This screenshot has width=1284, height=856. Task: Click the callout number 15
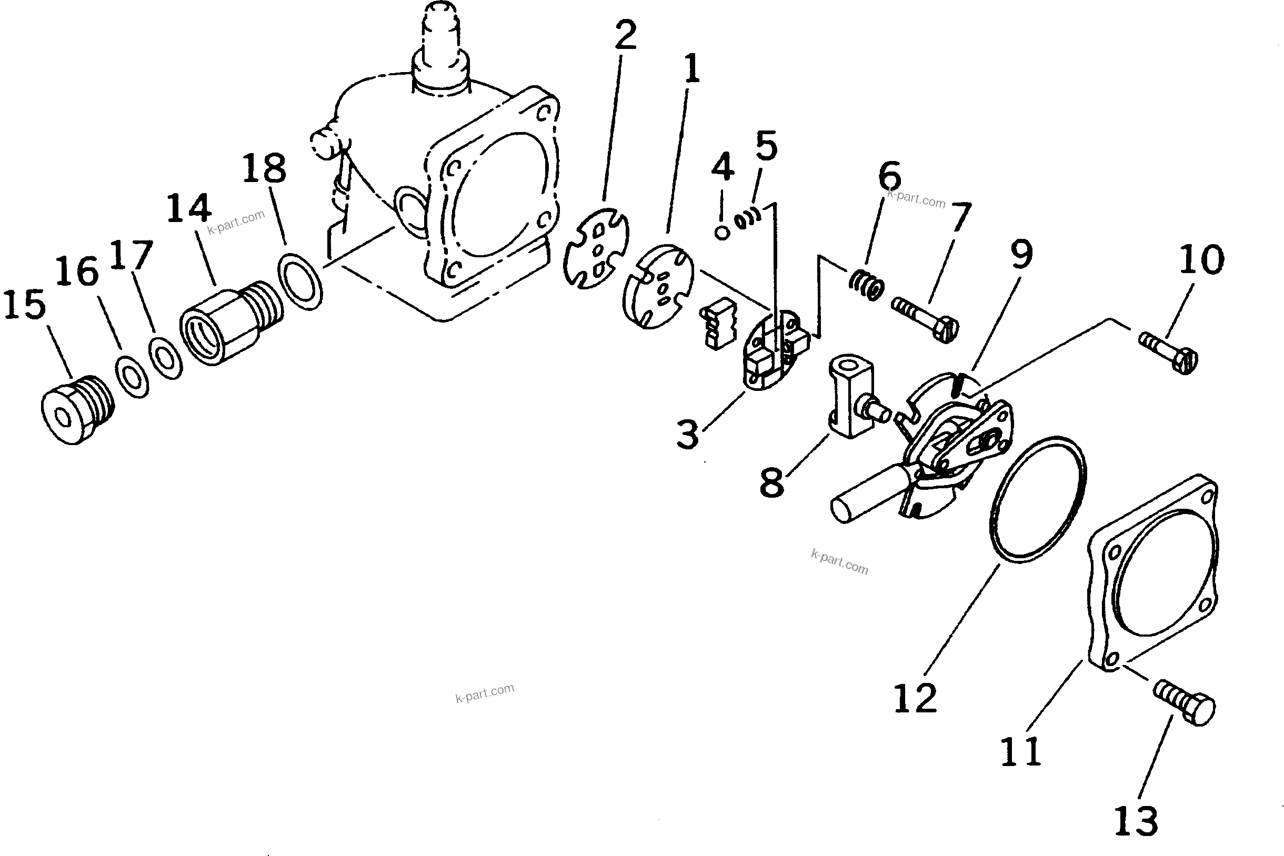click(x=25, y=305)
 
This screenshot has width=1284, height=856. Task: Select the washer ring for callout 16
click(x=132, y=377)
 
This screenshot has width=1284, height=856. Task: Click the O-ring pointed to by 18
click(x=300, y=280)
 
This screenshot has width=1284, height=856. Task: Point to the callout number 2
click(x=626, y=34)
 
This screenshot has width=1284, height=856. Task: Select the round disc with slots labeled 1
click(x=658, y=286)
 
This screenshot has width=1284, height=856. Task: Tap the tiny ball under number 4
click(x=722, y=233)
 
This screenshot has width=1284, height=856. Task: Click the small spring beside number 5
click(x=747, y=218)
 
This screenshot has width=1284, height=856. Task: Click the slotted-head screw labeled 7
click(x=925, y=319)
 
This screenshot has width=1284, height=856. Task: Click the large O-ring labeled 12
click(x=1037, y=499)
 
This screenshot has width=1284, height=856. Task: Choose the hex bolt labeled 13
click(x=1185, y=707)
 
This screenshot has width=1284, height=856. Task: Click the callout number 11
click(x=1020, y=752)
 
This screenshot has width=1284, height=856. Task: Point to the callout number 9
click(x=1021, y=254)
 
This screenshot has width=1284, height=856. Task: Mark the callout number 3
click(x=687, y=435)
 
